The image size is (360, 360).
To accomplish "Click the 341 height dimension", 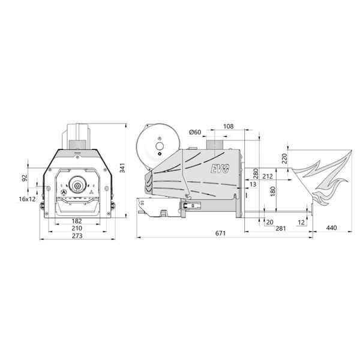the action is click(122, 168).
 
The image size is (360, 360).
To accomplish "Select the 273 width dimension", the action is click(77, 236).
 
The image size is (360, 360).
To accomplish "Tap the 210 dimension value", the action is click(77, 228).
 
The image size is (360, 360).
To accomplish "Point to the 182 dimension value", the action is click(77, 221).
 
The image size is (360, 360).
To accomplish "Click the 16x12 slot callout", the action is click(28, 199).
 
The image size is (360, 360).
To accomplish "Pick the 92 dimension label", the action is click(25, 178).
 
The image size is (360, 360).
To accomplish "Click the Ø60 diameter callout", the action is click(195, 132).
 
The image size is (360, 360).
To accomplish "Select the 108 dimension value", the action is click(228, 126).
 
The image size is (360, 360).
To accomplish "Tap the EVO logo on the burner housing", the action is click(220, 169).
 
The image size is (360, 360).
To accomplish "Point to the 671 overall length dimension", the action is click(220, 233).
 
